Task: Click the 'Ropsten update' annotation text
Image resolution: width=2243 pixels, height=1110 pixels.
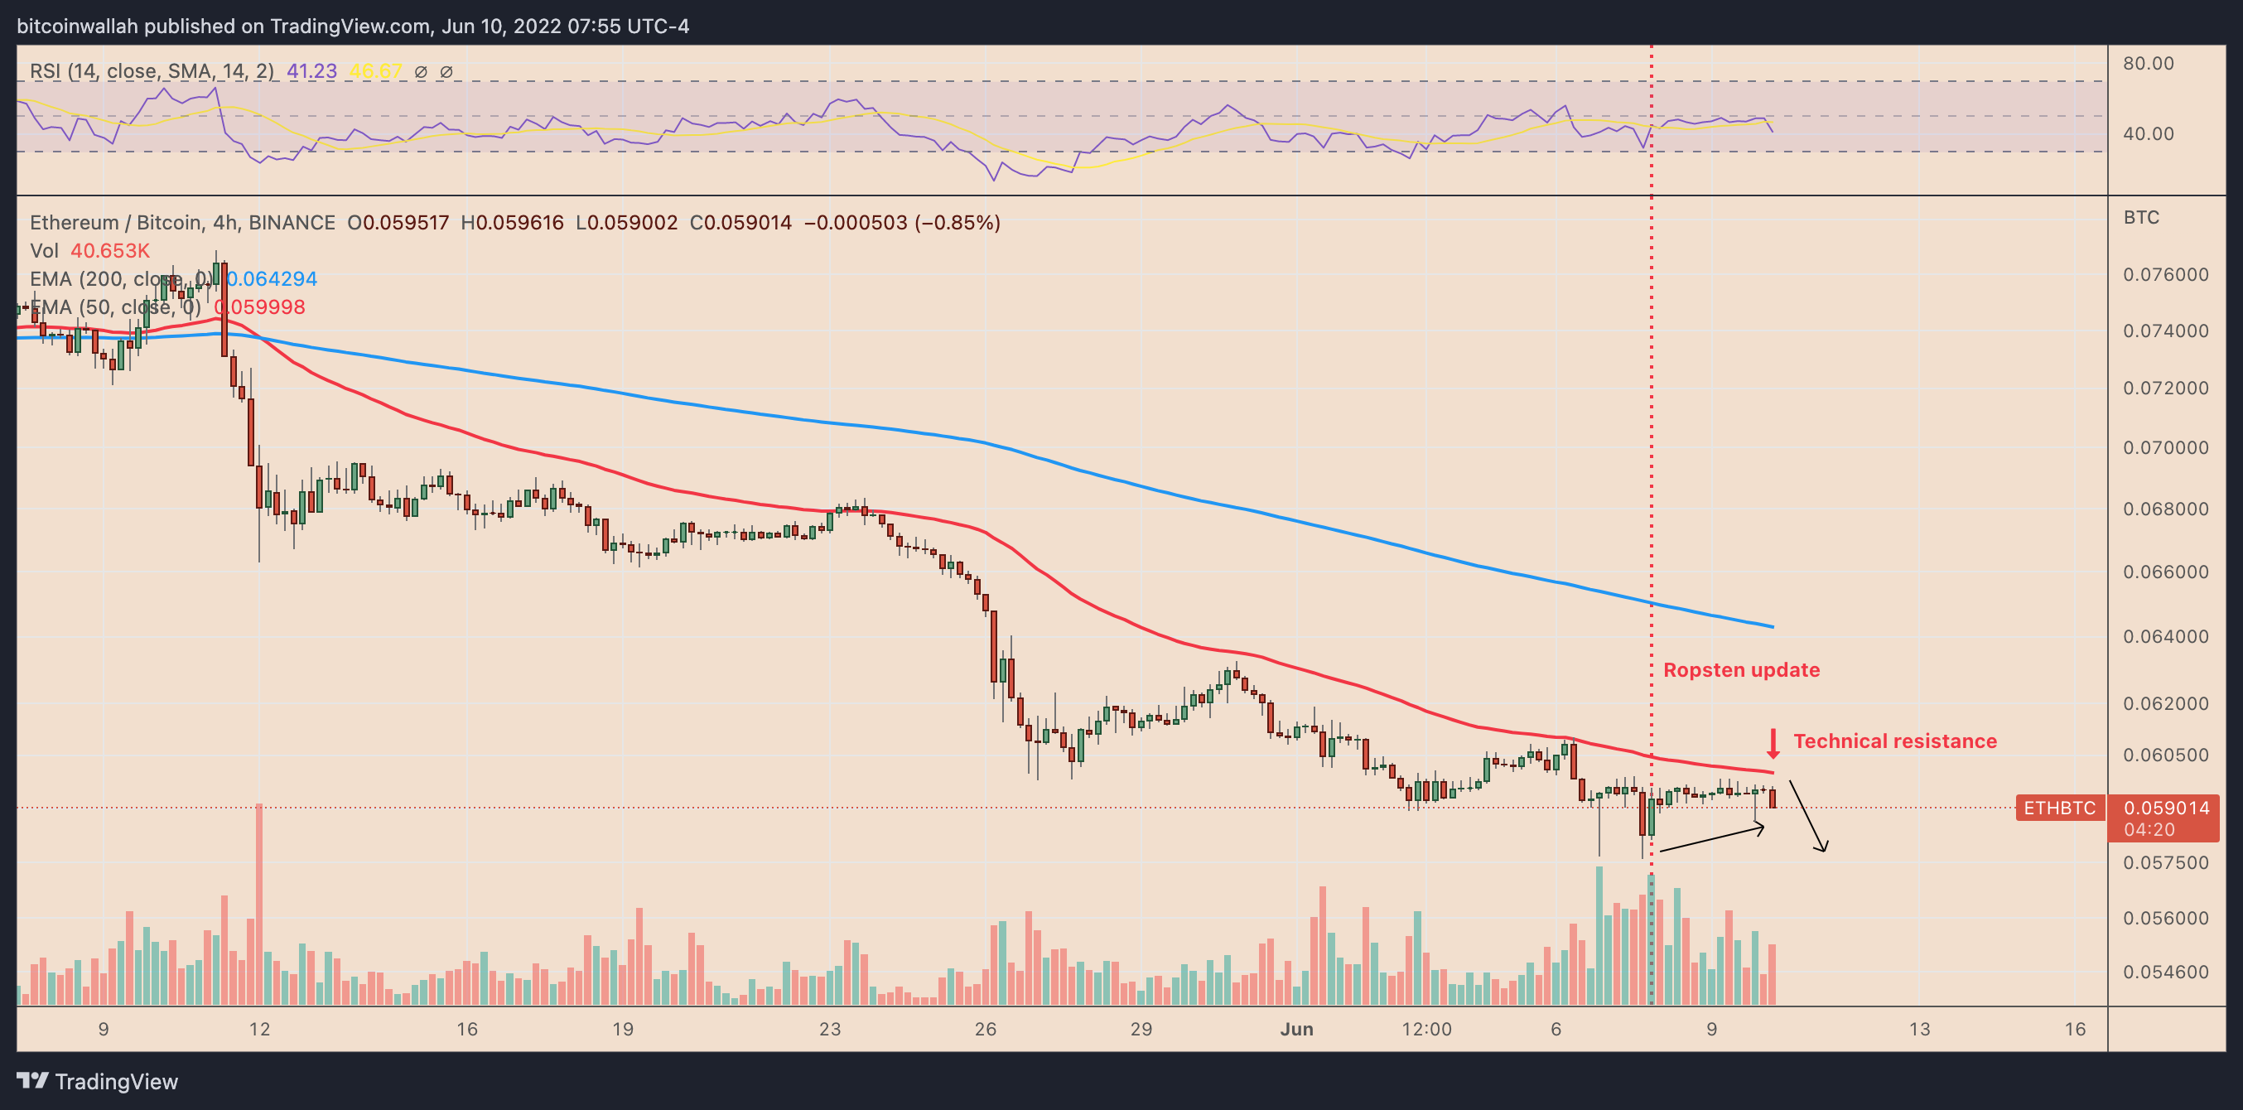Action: click(1741, 669)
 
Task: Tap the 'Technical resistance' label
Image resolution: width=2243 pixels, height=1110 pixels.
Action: click(1895, 741)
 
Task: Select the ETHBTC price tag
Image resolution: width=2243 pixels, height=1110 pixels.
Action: click(2059, 808)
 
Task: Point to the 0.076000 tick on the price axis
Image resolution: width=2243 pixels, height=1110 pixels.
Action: click(2165, 275)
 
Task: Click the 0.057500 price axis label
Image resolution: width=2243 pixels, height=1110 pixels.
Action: click(2165, 863)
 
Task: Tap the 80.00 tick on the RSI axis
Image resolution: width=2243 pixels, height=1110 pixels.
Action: click(2148, 64)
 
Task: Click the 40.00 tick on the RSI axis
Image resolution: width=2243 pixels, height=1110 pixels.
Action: click(2148, 134)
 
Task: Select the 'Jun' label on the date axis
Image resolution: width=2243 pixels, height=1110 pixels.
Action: click(1296, 1029)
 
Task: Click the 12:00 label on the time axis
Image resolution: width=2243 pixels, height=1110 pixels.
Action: click(1426, 1029)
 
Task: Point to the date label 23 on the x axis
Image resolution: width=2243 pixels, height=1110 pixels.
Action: click(830, 1029)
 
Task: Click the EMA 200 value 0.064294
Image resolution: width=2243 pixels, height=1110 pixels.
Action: click(273, 278)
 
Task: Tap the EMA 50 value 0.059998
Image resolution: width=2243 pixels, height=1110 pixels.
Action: click(260, 307)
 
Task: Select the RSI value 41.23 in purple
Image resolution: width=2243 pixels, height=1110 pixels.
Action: click(311, 71)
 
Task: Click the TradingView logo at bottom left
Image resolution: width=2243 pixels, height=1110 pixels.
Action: click(98, 1081)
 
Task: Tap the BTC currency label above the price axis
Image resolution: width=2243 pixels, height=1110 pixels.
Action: click(2141, 218)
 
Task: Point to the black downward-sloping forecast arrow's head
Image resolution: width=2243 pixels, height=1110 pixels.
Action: click(1822, 848)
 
